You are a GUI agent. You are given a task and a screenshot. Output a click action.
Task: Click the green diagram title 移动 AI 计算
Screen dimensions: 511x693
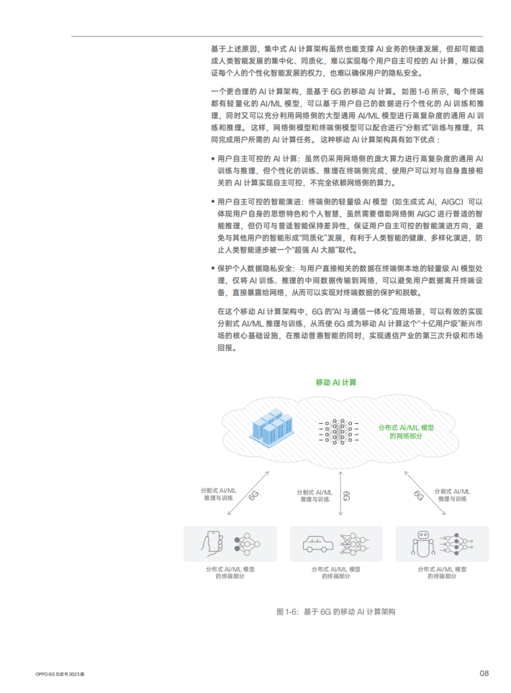(x=335, y=382)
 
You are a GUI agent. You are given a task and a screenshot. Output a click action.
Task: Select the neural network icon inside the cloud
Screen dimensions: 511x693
(x=338, y=431)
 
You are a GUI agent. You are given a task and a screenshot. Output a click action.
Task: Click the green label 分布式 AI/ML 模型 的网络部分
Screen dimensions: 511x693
(x=406, y=432)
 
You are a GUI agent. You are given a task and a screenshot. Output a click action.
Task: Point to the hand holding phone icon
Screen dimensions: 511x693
(x=212, y=543)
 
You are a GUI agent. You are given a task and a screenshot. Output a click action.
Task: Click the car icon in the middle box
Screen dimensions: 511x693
(x=318, y=544)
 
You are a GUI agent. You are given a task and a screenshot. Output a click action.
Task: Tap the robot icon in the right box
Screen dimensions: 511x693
(x=423, y=543)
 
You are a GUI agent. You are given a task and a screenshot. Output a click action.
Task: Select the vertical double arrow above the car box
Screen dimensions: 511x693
(x=340, y=493)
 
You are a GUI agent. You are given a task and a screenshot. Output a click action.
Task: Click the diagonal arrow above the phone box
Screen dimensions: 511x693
(x=248, y=493)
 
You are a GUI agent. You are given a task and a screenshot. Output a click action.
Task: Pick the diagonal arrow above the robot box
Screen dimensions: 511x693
(x=425, y=493)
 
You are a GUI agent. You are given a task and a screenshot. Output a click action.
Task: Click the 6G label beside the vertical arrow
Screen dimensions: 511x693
(x=347, y=495)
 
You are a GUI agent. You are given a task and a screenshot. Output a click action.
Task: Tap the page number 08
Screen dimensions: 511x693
(x=484, y=673)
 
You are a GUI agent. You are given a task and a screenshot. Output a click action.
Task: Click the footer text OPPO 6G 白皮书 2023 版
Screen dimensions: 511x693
(x=60, y=674)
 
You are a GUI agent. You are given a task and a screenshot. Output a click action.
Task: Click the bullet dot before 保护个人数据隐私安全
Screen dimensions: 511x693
(x=213, y=268)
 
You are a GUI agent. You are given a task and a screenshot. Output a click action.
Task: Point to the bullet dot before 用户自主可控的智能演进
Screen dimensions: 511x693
(x=213, y=202)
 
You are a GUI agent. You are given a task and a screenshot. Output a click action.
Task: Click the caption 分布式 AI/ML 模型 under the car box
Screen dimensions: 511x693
(x=336, y=569)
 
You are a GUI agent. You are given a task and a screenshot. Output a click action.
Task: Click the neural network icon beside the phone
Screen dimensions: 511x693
(x=247, y=543)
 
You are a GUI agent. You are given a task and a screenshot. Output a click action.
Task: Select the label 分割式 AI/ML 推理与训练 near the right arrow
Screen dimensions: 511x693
(x=452, y=495)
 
